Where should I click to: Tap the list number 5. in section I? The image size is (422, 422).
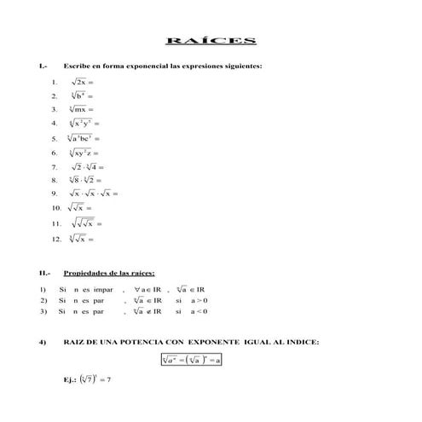55,138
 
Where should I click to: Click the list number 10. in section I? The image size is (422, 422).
56,207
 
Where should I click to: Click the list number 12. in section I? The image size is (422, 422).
56,239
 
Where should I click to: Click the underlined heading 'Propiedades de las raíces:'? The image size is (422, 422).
109,274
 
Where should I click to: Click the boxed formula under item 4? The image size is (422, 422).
192,360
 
